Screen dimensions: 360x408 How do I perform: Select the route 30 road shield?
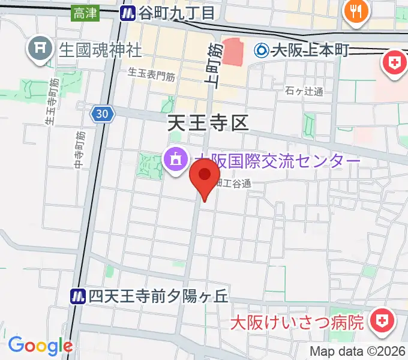(x=103, y=113)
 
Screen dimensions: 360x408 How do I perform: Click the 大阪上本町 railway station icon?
(x=262, y=51)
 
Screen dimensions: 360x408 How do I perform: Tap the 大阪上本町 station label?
(x=310, y=51)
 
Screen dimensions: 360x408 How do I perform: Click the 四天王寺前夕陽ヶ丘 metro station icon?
(x=77, y=295)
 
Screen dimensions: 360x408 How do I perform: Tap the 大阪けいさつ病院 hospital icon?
(x=380, y=321)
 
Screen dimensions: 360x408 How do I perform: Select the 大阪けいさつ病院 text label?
(x=298, y=322)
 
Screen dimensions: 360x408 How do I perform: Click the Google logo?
(x=40, y=346)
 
